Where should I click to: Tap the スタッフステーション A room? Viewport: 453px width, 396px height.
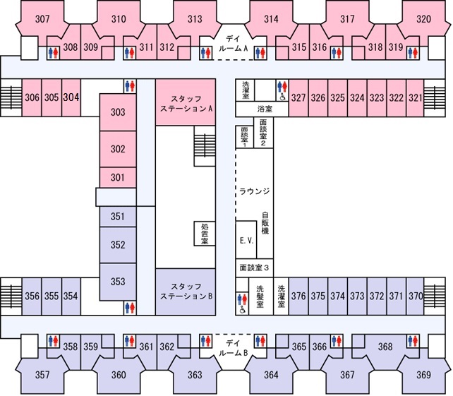click(186, 102)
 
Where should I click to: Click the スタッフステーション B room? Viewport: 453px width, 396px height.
click(186, 292)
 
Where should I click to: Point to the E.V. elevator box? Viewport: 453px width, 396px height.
click(246, 239)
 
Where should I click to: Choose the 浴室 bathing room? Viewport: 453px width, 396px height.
click(262, 109)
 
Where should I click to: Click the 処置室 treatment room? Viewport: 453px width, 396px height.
click(205, 234)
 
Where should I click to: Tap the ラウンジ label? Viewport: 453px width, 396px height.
click(255, 191)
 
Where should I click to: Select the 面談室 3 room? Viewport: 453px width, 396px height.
click(254, 268)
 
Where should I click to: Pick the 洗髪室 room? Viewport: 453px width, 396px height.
click(260, 296)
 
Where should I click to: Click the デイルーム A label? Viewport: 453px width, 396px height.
click(234, 43)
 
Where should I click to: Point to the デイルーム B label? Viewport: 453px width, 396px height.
click(234, 348)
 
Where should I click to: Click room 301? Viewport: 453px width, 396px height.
click(118, 177)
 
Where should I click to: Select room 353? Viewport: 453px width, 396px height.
click(118, 281)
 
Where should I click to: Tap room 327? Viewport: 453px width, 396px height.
click(298, 97)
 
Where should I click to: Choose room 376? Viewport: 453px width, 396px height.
click(298, 296)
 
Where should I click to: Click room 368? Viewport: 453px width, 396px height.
click(385, 347)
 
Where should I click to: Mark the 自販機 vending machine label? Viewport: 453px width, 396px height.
click(265, 223)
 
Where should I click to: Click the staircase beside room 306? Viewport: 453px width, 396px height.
click(11, 97)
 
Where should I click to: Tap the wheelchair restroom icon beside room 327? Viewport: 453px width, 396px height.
click(282, 97)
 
